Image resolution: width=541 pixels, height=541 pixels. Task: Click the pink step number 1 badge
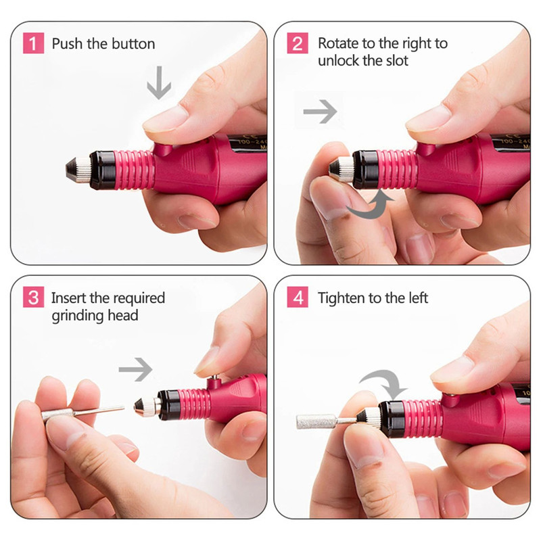tap(32, 44)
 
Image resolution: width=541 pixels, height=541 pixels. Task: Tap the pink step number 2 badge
tap(298, 44)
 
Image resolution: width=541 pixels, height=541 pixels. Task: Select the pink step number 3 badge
tap(32, 298)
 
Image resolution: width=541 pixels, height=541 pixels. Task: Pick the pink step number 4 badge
tap(298, 298)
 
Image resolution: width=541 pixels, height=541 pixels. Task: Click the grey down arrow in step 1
tap(160, 85)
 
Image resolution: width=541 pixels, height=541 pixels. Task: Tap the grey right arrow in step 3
tap(136, 369)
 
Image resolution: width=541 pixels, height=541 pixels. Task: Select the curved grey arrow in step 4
tap(383, 383)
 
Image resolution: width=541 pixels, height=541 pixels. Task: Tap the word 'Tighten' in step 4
tap(342, 298)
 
